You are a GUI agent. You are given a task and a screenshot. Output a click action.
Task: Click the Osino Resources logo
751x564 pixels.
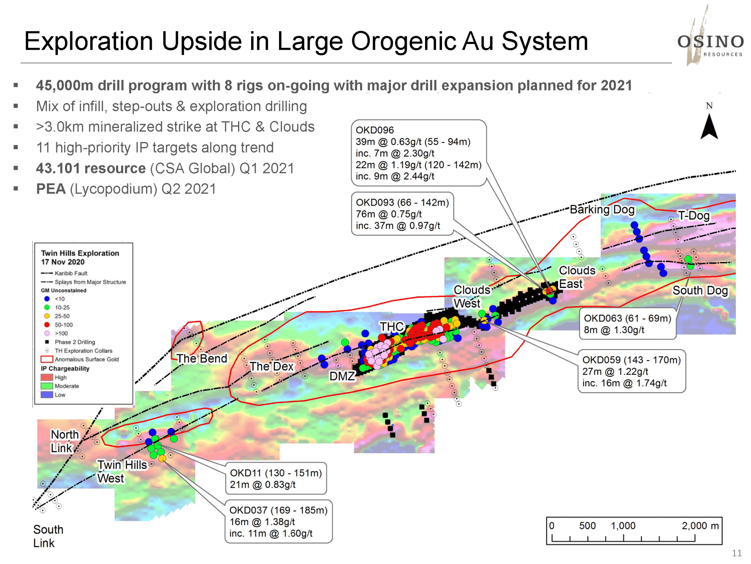710,36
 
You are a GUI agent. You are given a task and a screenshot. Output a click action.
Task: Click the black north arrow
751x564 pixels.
709,127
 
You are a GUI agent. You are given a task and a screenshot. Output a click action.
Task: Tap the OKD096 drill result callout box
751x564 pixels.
419,153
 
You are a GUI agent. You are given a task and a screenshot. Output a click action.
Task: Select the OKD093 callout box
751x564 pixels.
403,214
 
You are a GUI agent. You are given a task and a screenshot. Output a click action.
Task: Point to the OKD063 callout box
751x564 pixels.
627,324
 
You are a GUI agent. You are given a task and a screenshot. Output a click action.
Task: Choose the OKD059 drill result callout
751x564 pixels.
632,371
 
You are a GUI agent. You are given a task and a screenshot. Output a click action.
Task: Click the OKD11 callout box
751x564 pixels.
276,478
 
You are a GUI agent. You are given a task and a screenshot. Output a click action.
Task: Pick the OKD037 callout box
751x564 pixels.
279,522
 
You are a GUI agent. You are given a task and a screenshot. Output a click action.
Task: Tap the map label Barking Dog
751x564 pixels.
602,209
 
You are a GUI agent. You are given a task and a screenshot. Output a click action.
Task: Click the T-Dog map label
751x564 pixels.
694,215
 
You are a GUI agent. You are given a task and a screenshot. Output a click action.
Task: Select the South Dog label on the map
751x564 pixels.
700,290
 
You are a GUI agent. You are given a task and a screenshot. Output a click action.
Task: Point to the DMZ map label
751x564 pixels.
342,376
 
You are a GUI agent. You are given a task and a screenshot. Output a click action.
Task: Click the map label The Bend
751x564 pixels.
202,358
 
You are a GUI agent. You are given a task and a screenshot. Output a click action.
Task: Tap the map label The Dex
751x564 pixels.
271,366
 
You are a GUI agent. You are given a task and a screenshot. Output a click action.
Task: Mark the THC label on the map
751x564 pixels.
392,326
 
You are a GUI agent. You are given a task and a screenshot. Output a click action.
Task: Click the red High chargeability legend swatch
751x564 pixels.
47,377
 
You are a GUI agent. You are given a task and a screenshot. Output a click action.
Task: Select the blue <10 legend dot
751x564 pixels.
47,299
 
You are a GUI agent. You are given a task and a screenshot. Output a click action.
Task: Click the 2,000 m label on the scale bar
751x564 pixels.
700,526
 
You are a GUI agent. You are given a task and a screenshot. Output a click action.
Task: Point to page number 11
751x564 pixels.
737,553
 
